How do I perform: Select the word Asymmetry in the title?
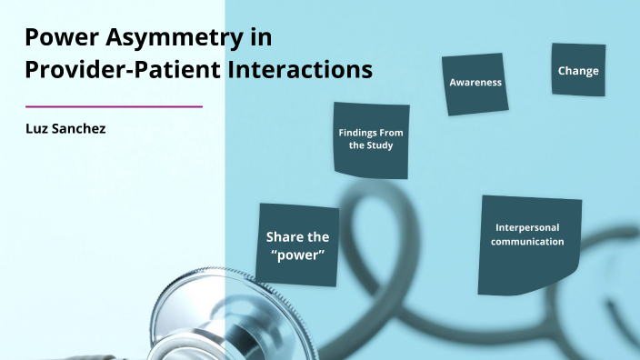165,39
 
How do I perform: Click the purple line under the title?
114,106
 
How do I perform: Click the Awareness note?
475,84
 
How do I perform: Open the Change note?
578,70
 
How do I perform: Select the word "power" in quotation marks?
297,255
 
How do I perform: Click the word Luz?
36,129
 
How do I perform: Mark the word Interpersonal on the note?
528,226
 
